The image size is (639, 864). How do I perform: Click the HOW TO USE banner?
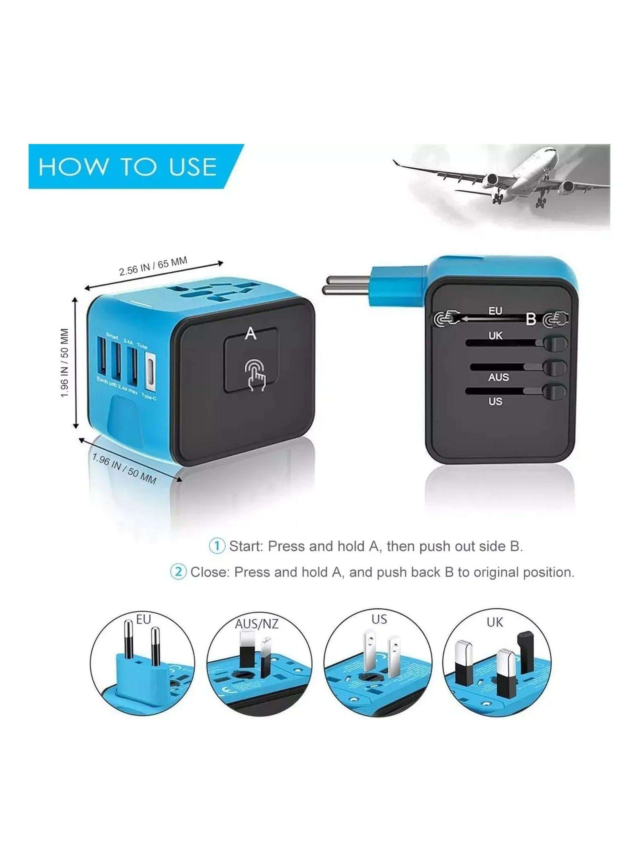click(x=128, y=167)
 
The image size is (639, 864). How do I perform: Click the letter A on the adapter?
click(x=251, y=334)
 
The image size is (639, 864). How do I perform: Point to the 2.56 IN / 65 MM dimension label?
click(x=153, y=266)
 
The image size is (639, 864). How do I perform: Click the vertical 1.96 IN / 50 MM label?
click(x=65, y=363)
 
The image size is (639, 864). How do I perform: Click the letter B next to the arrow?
click(x=531, y=319)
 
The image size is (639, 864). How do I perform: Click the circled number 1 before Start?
click(x=217, y=546)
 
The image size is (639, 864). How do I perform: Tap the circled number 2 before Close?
click(x=178, y=572)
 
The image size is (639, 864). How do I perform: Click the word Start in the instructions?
click(x=246, y=546)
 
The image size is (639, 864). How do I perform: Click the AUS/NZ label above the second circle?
click(x=257, y=624)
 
